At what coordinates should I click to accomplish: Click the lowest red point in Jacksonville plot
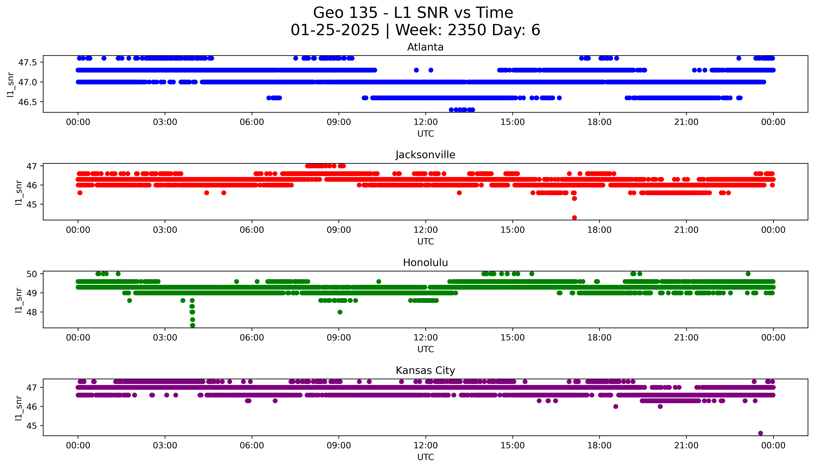(x=574, y=218)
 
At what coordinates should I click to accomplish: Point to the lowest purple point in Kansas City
(x=760, y=433)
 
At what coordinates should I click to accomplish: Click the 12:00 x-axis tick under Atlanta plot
(x=425, y=122)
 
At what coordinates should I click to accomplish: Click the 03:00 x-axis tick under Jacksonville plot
(x=165, y=230)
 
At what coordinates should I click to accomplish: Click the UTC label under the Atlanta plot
(x=425, y=134)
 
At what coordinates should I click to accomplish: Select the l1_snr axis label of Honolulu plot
(x=19, y=300)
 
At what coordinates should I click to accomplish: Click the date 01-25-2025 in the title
(x=335, y=30)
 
